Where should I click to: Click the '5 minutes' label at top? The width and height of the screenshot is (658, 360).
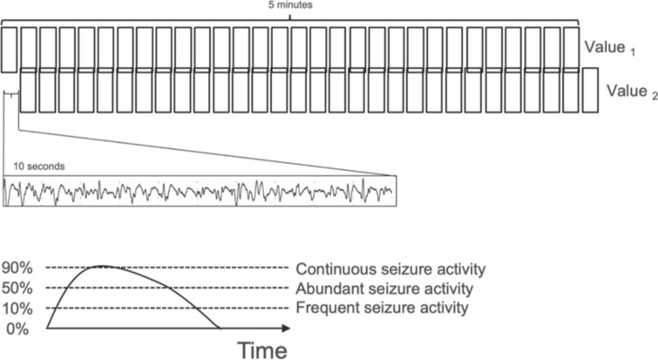click(x=295, y=4)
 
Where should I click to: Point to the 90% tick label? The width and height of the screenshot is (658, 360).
click(x=18, y=268)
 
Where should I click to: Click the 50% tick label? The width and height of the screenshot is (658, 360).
click(x=18, y=289)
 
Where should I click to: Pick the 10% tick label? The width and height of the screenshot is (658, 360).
click(x=18, y=309)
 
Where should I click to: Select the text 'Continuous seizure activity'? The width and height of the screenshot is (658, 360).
click(x=390, y=268)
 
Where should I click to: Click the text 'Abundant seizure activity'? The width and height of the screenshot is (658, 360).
click(x=385, y=288)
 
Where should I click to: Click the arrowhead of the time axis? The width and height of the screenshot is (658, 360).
click(x=286, y=329)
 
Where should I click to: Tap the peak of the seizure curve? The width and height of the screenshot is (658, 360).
click(x=103, y=265)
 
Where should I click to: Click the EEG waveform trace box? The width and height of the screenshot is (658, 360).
click(x=199, y=191)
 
